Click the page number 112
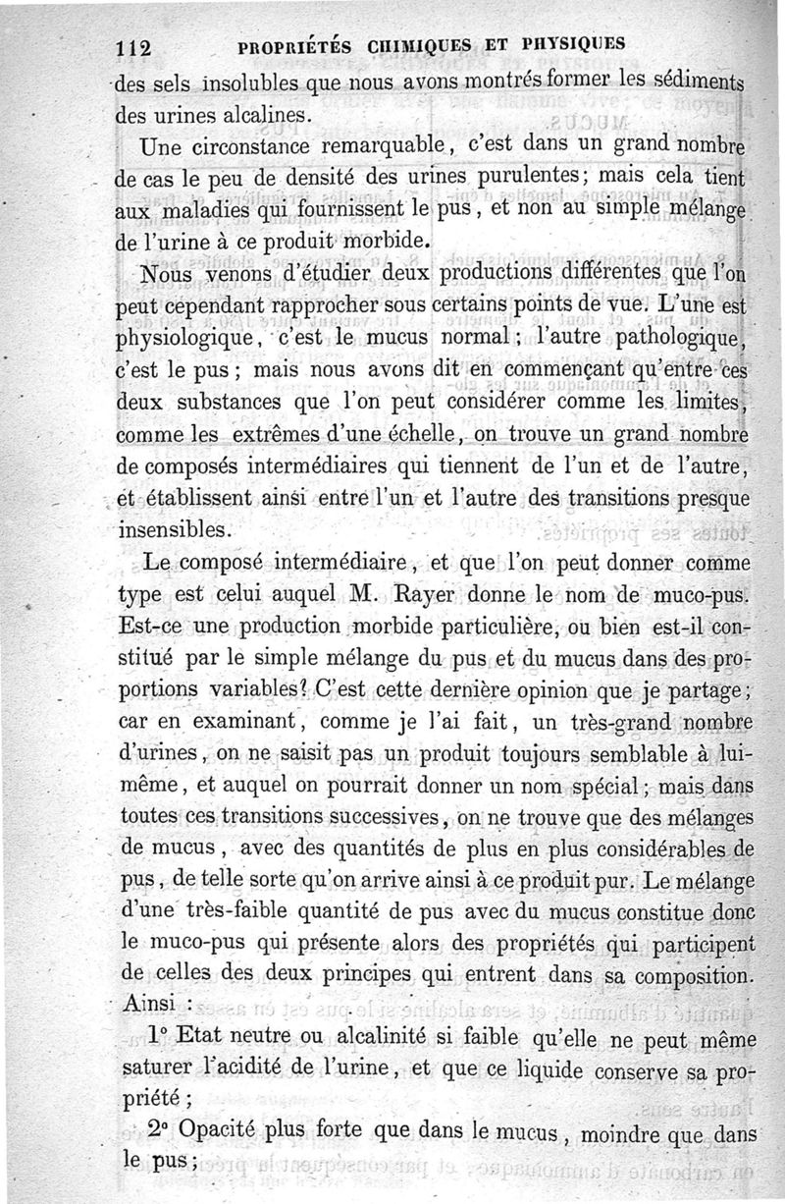pyautogui.click(x=131, y=46)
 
